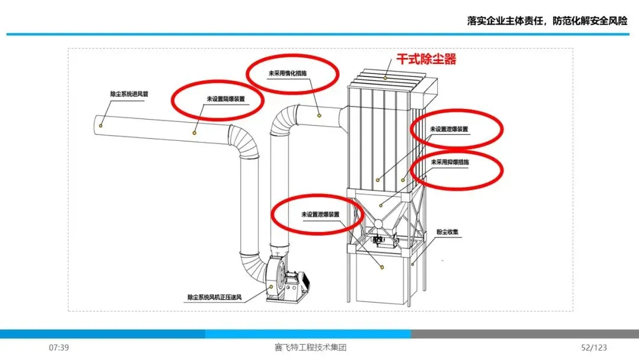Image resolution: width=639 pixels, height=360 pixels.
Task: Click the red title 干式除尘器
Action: [426, 60]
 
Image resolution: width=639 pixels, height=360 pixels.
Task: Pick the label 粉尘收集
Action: [448, 232]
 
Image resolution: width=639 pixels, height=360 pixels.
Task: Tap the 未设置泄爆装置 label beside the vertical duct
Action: [320, 214]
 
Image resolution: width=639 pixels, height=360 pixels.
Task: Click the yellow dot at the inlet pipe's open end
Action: [102, 125]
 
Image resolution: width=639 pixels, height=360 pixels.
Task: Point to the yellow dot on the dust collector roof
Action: [386, 76]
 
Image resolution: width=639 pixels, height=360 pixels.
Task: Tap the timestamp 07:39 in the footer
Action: [59, 348]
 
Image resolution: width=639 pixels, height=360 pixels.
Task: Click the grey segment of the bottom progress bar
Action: [524, 334]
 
